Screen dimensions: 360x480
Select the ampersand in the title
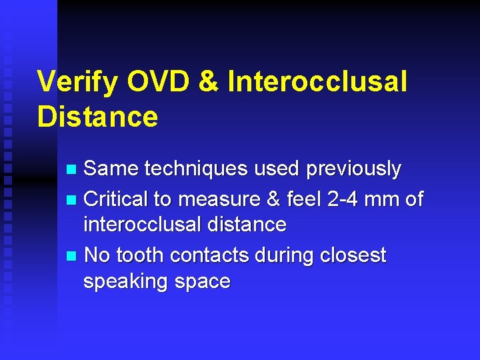[x=208, y=82]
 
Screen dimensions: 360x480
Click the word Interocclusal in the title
[x=317, y=82]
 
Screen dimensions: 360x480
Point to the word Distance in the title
[x=98, y=117]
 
